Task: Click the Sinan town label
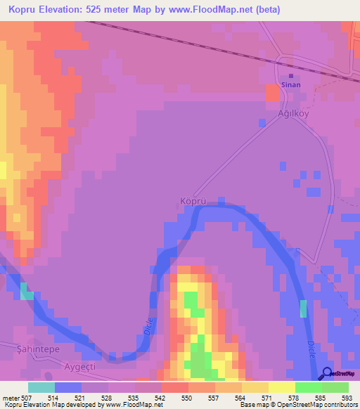(291, 85)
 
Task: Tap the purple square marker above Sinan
(291, 76)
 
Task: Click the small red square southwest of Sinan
(271, 92)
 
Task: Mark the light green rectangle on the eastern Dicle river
(304, 309)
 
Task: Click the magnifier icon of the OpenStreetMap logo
(327, 373)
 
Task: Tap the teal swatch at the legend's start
(41, 387)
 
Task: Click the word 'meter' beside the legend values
(10, 397)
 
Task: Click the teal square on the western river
(26, 291)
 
